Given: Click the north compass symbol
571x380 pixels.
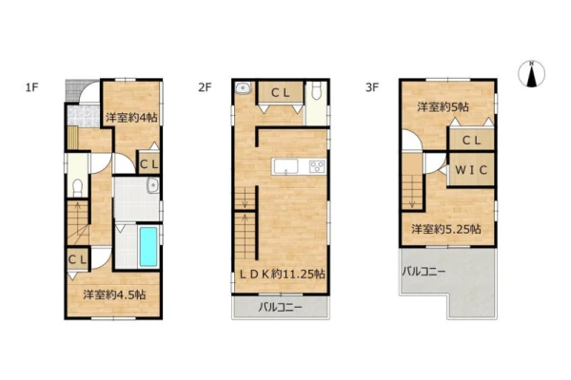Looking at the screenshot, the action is coord(531,74).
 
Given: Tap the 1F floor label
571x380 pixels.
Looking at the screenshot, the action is coord(31,87).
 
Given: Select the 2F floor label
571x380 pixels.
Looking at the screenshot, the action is coord(205,87).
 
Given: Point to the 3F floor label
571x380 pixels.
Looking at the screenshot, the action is coord(372,87).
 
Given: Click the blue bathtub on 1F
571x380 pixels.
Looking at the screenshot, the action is coord(148,247).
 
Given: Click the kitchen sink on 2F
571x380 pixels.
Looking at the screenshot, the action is coord(285,167).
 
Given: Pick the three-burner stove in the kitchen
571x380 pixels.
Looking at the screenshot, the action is coord(317,166).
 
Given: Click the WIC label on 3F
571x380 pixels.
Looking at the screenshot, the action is coord(471,170).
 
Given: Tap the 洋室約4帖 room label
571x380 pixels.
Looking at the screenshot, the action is coord(131,118).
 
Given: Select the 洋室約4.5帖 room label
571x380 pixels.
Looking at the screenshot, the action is coord(114,294).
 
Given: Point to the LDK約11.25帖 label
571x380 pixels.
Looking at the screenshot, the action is coord(282,274).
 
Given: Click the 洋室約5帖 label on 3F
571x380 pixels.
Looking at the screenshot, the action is coord(443,107).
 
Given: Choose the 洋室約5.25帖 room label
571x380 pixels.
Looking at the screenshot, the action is coord(446,229).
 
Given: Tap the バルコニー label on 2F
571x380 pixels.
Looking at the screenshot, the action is coord(281,308).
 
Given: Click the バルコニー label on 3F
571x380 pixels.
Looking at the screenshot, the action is coord(423,272).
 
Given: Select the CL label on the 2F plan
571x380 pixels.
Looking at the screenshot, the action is coord(281,93).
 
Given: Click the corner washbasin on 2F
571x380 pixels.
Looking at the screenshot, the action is coord(242,88).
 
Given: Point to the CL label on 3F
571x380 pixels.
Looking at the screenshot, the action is coord(471,140).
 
